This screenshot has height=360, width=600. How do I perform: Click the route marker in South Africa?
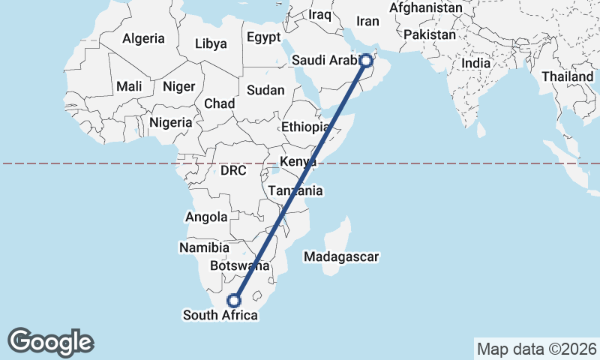click(x=234, y=300)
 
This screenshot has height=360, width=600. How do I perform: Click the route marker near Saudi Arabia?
click(x=366, y=61)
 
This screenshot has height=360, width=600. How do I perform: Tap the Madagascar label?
click(x=341, y=257)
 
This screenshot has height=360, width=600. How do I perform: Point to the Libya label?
click(x=211, y=43)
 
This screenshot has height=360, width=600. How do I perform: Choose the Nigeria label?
click(x=171, y=121)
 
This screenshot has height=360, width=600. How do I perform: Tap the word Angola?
click(x=205, y=217)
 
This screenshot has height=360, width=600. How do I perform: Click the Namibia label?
click(x=204, y=247)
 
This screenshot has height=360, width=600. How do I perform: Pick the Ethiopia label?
click(x=305, y=127)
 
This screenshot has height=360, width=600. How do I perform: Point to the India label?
click(x=476, y=64)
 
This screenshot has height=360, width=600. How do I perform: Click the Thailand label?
click(x=568, y=76)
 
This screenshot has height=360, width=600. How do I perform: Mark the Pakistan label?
click(x=429, y=34)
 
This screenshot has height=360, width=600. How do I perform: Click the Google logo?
click(x=50, y=341)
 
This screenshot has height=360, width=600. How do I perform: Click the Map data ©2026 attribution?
click(x=536, y=349)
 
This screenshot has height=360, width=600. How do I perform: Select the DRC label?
click(x=234, y=171)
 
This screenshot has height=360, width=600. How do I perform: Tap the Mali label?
click(x=129, y=86)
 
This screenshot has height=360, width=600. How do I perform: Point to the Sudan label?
click(x=266, y=90)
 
